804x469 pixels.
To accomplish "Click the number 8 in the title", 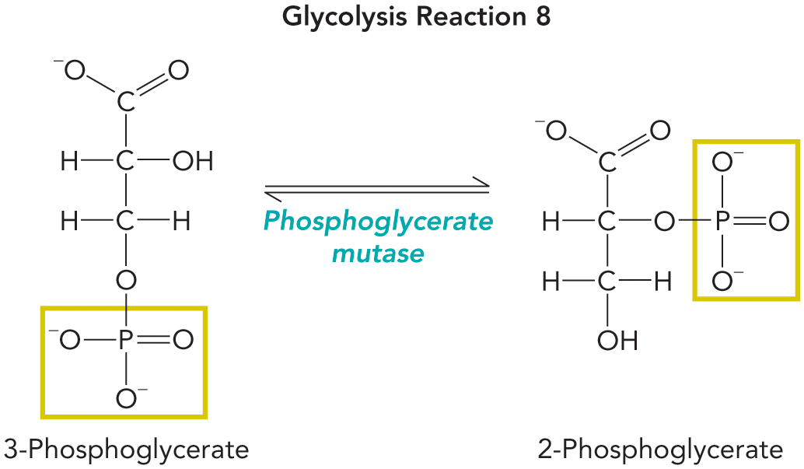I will [x=541, y=18].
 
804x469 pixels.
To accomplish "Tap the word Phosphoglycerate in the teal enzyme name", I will [x=378, y=222].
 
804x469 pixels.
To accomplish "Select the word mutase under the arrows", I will [x=378, y=253].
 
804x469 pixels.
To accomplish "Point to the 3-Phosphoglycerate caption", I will [x=127, y=450].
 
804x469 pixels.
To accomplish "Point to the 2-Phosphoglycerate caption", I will [x=660, y=450].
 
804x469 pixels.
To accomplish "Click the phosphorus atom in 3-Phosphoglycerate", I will [x=125, y=341].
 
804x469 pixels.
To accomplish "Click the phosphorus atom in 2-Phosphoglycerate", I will [x=722, y=222].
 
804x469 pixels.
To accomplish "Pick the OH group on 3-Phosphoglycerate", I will [x=193, y=162].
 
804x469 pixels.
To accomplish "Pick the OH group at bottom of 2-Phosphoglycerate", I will [x=618, y=340].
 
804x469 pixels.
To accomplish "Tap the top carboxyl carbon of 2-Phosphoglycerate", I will [x=607, y=162].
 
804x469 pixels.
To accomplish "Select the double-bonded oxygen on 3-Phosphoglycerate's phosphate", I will [x=183, y=341].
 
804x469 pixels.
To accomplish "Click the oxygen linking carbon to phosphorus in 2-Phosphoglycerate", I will [x=664, y=222].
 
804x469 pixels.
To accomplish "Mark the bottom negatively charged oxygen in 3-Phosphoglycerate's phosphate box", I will [x=127, y=399].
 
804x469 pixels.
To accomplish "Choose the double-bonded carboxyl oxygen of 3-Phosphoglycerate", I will [x=178, y=72].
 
